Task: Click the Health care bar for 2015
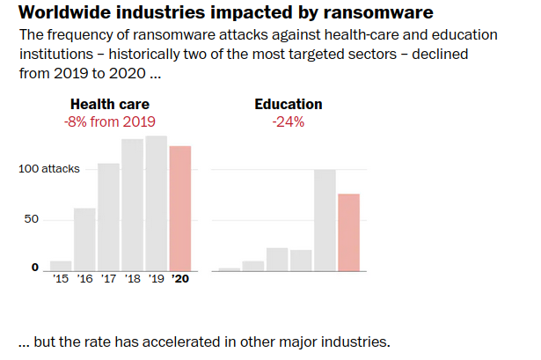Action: coord(61,266)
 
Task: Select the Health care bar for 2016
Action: coord(84,239)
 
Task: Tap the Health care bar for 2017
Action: coord(108,217)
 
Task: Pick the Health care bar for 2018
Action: coord(132,205)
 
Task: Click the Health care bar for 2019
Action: coord(156,203)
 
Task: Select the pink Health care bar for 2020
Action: coord(179,209)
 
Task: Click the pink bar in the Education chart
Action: coord(348,232)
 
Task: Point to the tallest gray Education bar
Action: coord(325,220)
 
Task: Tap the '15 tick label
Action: coord(61,280)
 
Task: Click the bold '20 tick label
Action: coord(179,280)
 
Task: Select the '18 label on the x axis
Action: coord(132,280)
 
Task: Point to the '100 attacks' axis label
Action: coord(49,168)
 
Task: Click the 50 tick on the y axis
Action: coord(32,218)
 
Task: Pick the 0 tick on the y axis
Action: coord(35,268)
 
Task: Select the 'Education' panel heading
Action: coord(288,105)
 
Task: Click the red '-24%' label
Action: coord(288,121)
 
